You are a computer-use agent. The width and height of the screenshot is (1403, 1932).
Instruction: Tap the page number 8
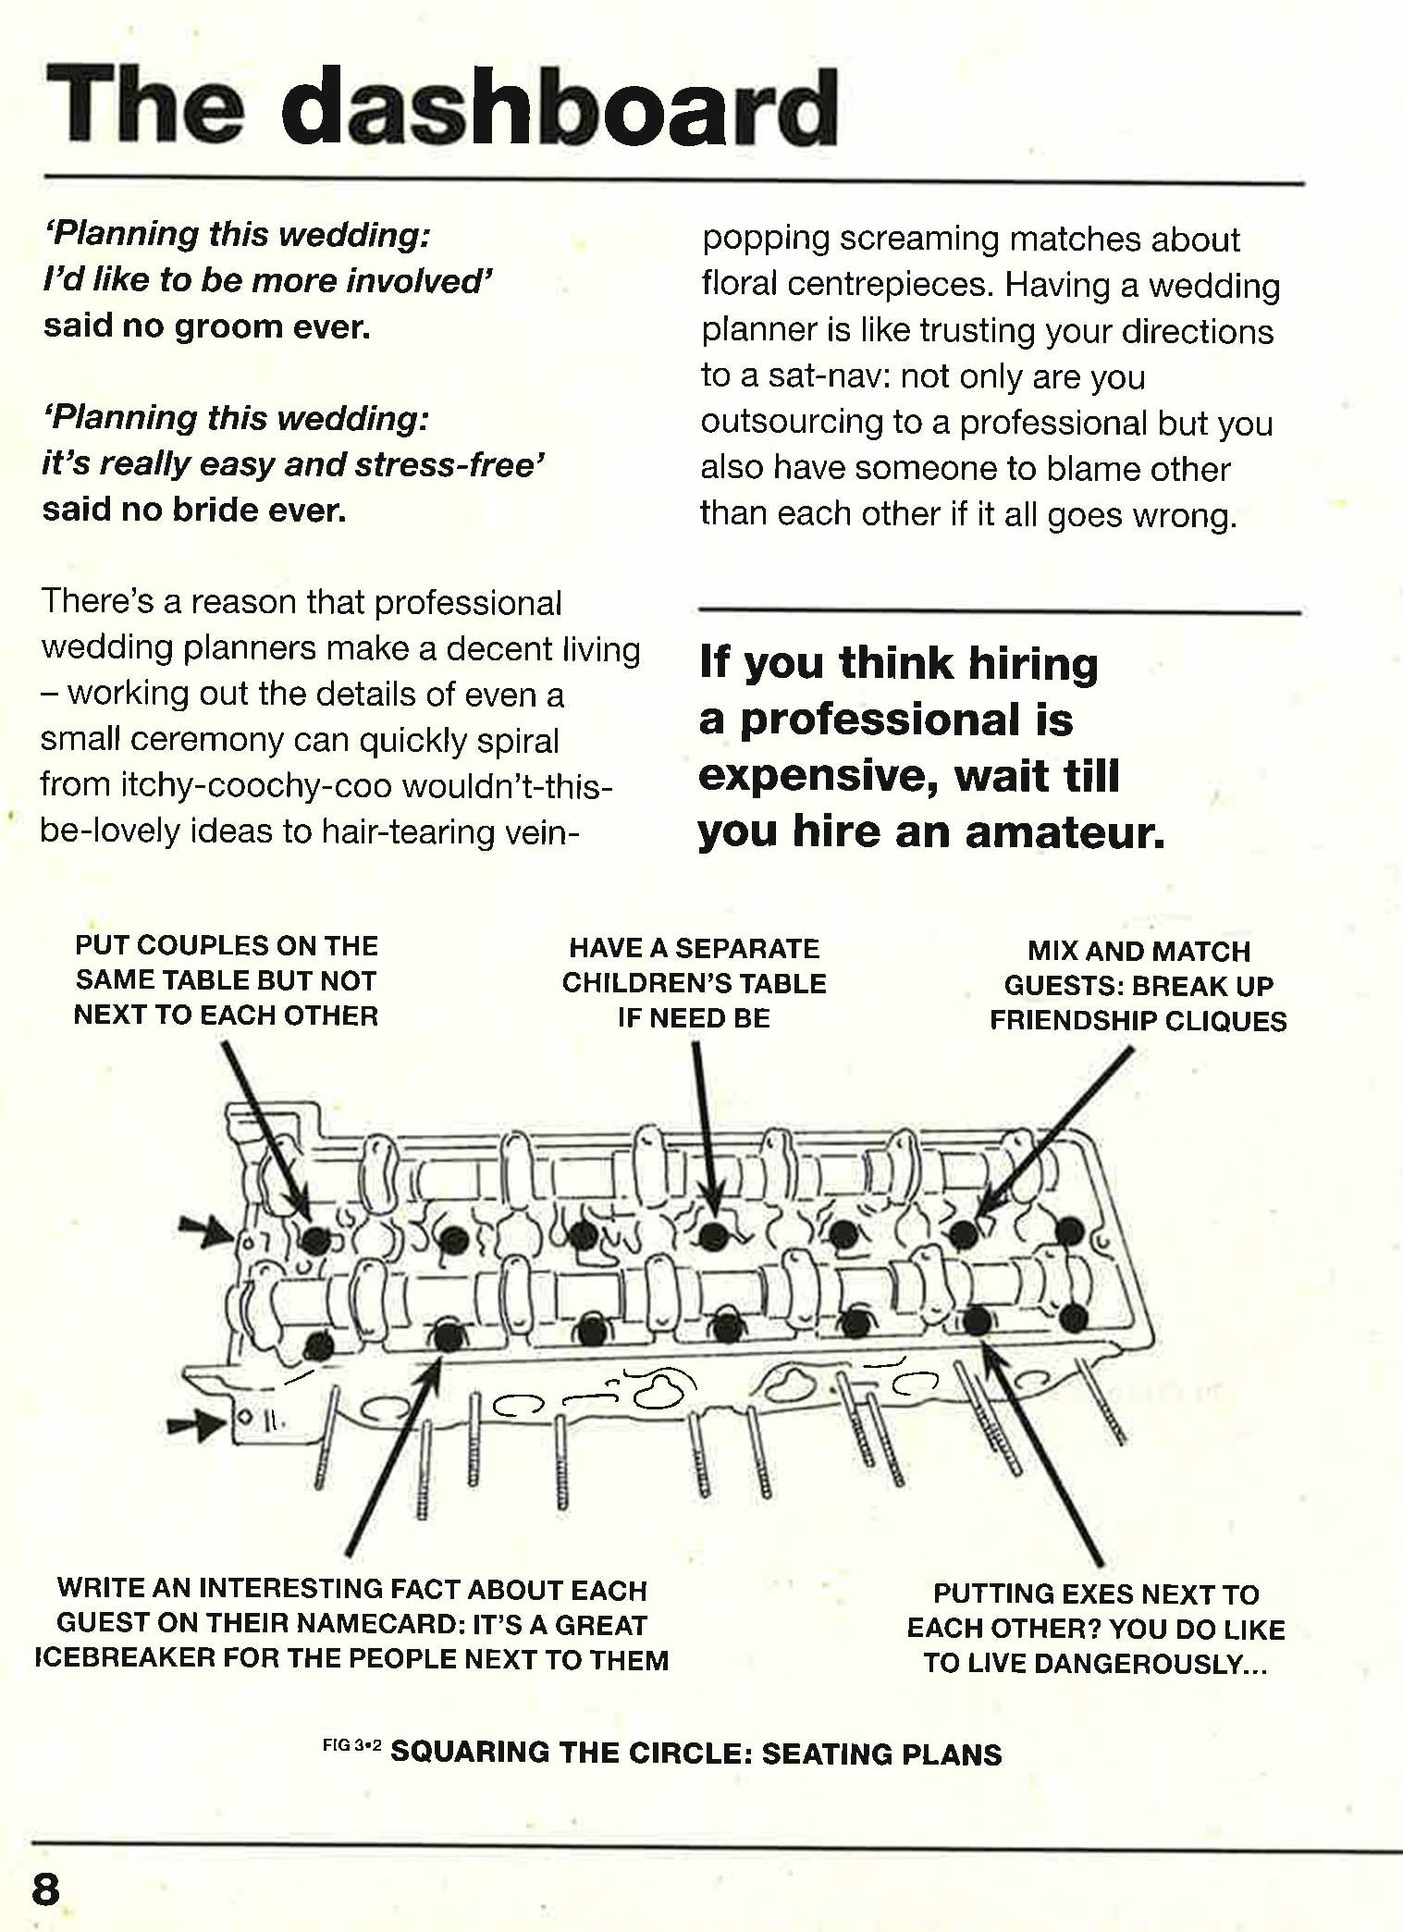point(45,1889)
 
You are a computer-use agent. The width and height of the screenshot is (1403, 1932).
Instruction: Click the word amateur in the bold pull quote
point(1065,831)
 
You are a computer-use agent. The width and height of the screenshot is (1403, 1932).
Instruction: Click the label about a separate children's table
point(694,983)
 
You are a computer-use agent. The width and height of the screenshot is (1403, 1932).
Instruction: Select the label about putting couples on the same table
point(226,980)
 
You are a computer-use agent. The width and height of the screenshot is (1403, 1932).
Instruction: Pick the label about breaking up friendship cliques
point(1138,986)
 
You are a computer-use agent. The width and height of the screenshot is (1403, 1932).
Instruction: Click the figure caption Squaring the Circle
point(695,1754)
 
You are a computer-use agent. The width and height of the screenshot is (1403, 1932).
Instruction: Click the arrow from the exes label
point(1043,1452)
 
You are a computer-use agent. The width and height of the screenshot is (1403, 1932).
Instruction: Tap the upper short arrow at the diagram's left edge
point(204,1230)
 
